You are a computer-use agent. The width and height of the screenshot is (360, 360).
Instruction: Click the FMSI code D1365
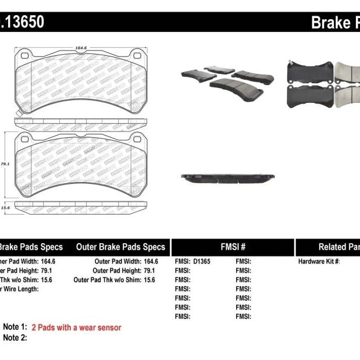(x=201, y=262)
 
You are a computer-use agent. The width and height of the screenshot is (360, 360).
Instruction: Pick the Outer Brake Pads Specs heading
(x=120, y=247)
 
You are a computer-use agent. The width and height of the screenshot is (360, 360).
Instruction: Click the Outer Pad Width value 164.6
(x=151, y=262)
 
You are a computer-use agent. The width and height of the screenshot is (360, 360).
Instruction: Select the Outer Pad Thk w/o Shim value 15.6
(x=151, y=280)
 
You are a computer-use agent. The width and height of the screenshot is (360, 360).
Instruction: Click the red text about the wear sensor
(x=76, y=327)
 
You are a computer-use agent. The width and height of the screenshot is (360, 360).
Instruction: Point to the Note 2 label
(x=15, y=337)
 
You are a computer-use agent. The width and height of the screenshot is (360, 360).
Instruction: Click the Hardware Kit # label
(x=319, y=262)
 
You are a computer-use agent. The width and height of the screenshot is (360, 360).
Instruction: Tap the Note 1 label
(x=15, y=327)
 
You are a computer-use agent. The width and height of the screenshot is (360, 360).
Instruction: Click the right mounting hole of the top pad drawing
(x=137, y=56)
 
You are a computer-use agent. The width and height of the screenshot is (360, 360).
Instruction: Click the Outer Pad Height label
(x=118, y=270)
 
